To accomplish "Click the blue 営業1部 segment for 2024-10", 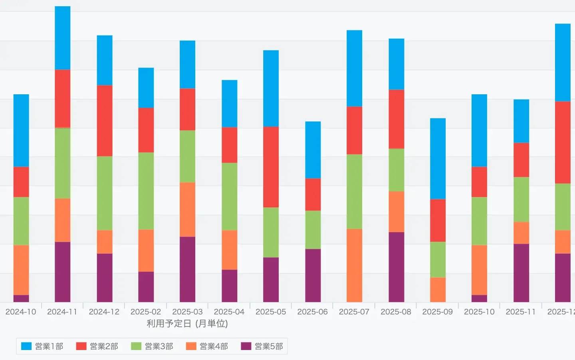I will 21,130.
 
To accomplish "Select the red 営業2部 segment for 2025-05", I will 271,167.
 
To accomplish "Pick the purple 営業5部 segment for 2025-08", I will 396,267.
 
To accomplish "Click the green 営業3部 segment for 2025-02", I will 146,191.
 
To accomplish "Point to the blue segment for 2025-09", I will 438,158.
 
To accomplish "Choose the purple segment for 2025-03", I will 187,269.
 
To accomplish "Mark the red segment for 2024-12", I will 105,120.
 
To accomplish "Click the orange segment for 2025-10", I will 479,270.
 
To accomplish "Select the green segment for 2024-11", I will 63,163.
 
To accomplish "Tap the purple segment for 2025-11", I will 521,272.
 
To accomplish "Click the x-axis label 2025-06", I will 312,312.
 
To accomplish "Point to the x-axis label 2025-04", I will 229,312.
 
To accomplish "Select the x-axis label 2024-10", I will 21,312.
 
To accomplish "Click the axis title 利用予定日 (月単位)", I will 187,324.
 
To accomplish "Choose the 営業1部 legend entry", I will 42,346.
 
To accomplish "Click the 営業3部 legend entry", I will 152,346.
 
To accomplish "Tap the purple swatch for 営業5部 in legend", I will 246,346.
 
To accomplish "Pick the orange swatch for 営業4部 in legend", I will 191,346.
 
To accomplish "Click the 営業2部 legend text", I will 104,346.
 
